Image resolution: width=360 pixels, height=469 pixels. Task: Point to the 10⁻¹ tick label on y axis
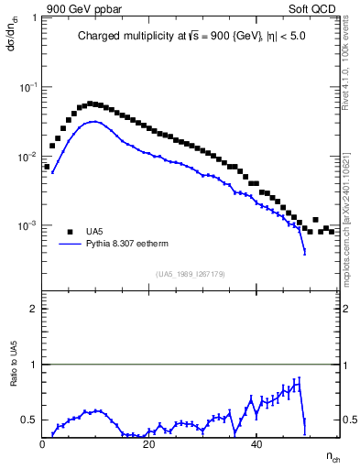tap(27, 87)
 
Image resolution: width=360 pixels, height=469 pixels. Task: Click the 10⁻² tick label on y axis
tap(27, 157)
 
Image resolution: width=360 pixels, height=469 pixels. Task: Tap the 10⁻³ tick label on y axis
tap(27, 225)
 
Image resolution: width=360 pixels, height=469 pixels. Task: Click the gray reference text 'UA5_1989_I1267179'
tap(190, 273)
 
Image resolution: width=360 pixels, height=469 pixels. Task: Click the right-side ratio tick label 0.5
tap(349, 420)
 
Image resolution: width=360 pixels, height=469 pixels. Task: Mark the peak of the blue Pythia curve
tap(94, 121)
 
